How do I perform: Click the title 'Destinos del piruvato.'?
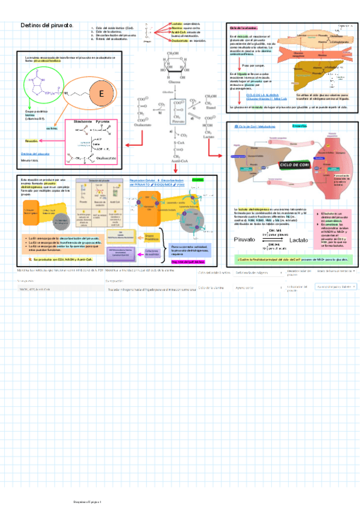coord(47,26)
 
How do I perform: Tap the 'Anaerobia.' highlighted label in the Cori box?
coord(300,125)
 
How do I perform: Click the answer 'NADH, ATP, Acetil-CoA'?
coord(36,289)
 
